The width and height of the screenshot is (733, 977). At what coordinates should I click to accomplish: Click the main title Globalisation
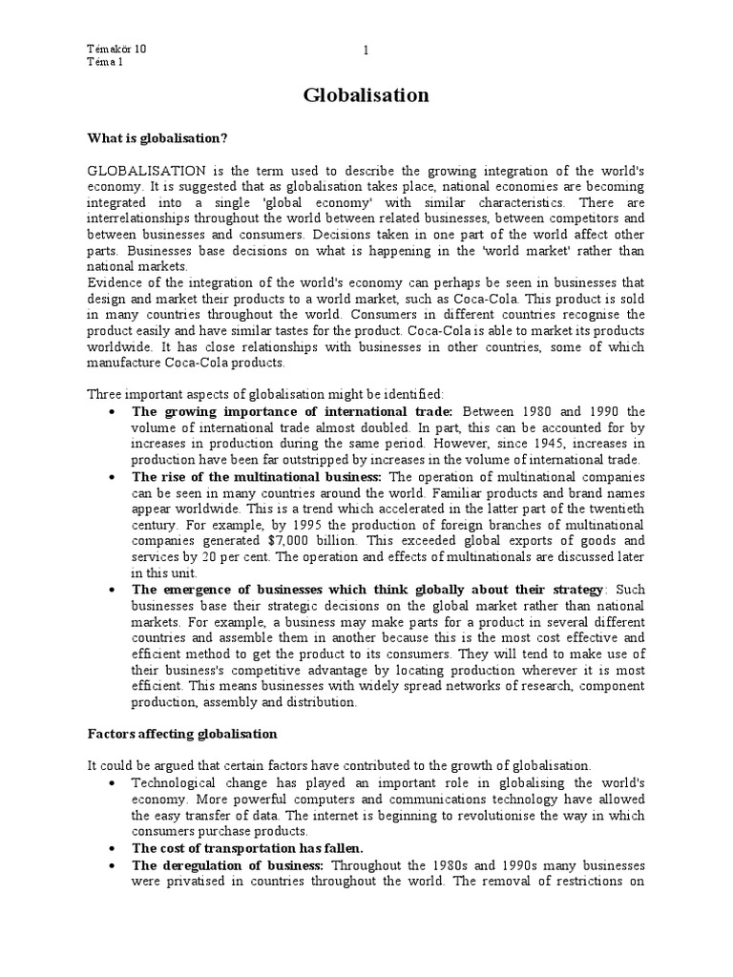click(x=366, y=95)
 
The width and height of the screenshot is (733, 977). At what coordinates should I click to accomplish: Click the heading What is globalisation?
click(x=157, y=138)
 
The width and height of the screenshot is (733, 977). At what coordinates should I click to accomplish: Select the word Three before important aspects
click(x=106, y=394)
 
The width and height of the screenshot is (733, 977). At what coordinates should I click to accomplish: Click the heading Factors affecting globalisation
click(x=182, y=734)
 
